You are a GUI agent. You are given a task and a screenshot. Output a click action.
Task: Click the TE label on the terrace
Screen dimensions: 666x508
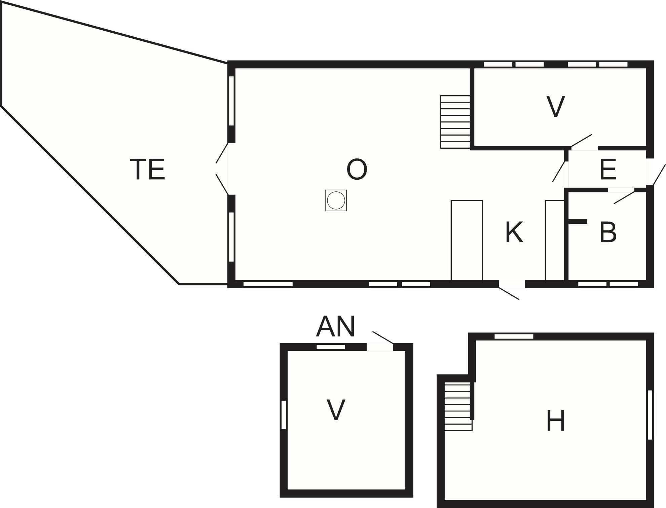(x=147, y=170)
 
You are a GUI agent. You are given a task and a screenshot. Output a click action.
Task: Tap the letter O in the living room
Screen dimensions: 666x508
(x=357, y=169)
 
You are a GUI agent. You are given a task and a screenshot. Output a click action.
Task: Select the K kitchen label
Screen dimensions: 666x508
(x=514, y=232)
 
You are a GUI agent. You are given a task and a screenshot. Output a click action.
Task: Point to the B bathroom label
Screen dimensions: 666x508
(x=608, y=232)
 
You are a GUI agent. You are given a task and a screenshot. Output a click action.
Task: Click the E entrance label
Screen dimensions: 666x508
(x=608, y=170)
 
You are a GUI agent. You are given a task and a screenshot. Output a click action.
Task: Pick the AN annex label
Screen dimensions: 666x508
(x=335, y=326)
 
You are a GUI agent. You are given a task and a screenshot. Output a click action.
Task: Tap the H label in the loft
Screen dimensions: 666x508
(x=555, y=421)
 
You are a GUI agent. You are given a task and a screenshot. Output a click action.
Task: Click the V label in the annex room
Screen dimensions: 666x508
(x=336, y=410)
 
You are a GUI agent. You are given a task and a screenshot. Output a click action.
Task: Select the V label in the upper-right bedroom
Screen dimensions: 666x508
(x=555, y=107)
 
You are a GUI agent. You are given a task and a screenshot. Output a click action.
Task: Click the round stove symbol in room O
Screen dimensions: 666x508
(x=336, y=201)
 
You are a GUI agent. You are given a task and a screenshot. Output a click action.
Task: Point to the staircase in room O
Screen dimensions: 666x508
(x=455, y=122)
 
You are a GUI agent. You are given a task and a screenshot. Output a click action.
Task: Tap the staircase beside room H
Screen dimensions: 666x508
(x=458, y=406)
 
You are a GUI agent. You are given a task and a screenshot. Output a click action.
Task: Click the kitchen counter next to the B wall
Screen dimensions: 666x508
(x=554, y=240)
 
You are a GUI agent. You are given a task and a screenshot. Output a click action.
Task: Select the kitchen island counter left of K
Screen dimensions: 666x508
(x=467, y=240)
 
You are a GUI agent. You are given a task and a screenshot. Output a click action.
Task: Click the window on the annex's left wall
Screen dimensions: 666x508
(x=284, y=415)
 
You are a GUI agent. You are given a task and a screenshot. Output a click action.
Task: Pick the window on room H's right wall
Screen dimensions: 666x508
(x=650, y=414)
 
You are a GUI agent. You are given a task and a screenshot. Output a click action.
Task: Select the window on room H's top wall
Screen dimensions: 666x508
(x=514, y=336)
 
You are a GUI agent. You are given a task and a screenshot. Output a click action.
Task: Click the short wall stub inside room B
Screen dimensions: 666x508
(x=578, y=221)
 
